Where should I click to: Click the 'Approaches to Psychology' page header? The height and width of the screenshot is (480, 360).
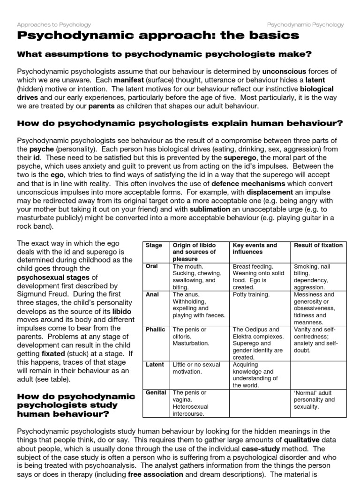pos(54,24)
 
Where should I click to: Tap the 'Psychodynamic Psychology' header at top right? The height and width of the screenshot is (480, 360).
pos(305,24)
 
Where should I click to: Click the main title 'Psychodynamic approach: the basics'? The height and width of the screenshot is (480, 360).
pos(157,36)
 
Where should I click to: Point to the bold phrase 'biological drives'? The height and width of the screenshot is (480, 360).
pos(317,89)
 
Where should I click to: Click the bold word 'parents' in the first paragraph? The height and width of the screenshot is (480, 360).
pos(102,106)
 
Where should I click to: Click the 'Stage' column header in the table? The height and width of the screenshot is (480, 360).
pos(154,245)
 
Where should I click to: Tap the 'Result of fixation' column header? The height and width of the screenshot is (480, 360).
pos(318,245)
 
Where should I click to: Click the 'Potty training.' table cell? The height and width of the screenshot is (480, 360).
pos(251,295)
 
